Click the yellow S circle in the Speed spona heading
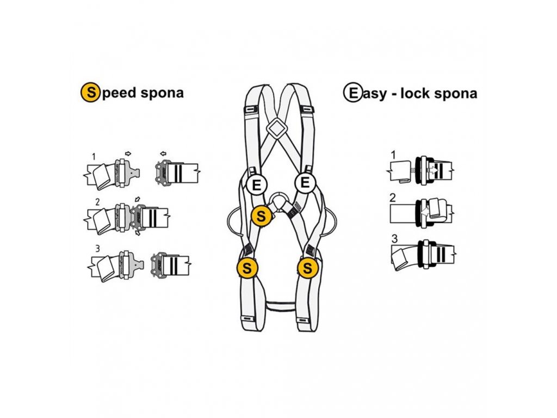[90, 93]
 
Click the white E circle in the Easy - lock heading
[352, 93]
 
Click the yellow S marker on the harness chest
[261, 216]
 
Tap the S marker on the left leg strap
[247, 268]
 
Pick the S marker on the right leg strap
[308, 268]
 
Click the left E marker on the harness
[256, 185]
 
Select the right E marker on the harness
[305, 183]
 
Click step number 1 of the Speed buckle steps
[94, 157]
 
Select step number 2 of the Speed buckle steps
[98, 202]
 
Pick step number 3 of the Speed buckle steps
[98, 248]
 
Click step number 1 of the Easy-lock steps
[393, 155]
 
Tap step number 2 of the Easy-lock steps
[393, 198]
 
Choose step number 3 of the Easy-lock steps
[395, 238]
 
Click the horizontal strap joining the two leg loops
[281, 306]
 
